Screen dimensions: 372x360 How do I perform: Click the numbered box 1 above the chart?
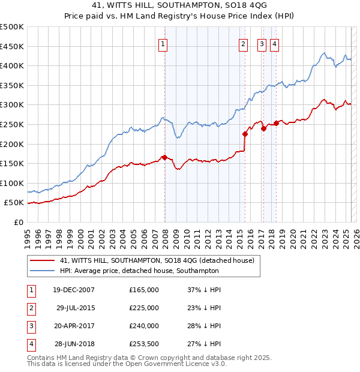163,43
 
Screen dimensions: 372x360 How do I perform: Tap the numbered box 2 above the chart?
243,43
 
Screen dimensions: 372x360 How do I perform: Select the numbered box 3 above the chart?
262,43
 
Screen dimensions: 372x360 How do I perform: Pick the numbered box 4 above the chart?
274,43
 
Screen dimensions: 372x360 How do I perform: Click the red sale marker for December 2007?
164,157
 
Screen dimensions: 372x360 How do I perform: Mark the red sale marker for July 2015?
245,134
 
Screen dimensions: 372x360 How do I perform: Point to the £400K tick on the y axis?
13,65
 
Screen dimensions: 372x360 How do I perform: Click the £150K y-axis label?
13,163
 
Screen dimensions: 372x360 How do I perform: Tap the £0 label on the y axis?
18,222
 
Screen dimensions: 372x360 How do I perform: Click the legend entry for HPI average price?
139,271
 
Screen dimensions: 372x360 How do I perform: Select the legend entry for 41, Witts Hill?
157,260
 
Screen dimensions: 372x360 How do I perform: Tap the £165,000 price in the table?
144,290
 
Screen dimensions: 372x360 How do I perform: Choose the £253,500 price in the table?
144,344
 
